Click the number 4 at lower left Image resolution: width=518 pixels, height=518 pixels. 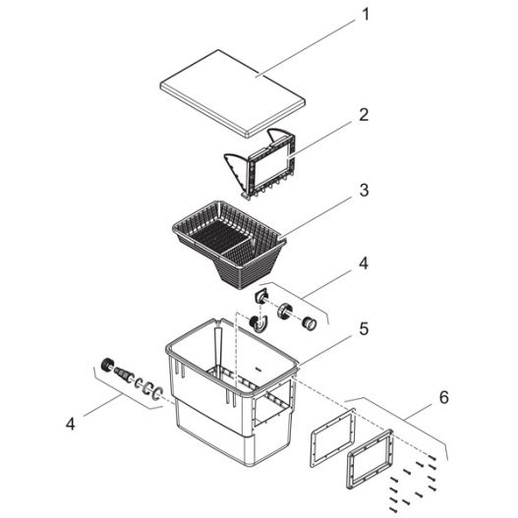tap(70, 425)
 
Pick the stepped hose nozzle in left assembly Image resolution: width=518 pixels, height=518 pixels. tap(124, 374)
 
